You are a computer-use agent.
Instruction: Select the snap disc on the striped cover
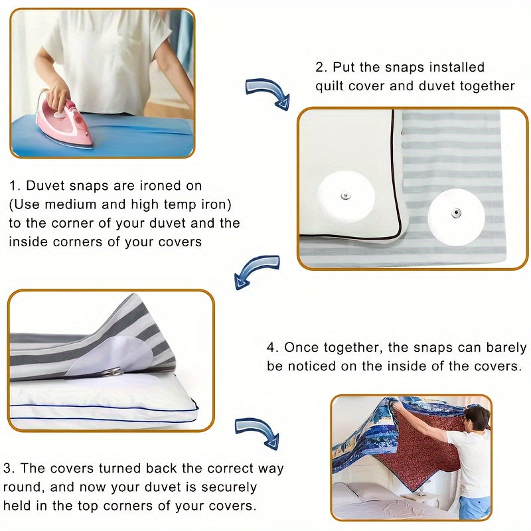tap(456, 214)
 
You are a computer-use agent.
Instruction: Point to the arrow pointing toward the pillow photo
tap(256, 269)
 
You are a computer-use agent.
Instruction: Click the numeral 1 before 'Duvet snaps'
tap(13, 187)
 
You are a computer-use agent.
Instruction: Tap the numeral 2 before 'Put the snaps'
tap(319, 67)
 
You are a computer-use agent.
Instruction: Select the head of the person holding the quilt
tap(477, 418)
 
